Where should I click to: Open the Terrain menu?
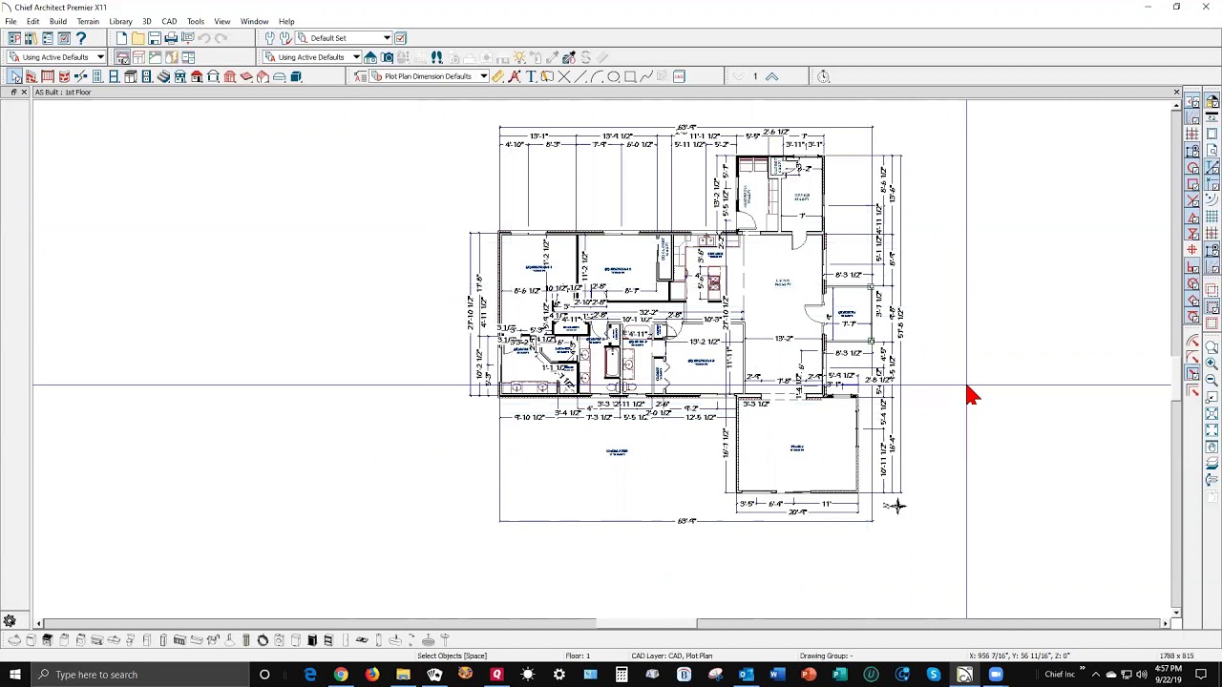coord(87,21)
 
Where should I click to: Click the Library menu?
coord(120,21)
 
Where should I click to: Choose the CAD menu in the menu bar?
coord(169,21)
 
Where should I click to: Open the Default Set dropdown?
coord(386,38)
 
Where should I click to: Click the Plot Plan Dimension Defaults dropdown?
coord(483,76)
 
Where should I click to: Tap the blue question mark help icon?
coord(81,38)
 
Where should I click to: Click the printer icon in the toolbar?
coord(171,38)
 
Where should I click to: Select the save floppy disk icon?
coord(155,38)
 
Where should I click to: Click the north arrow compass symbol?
coord(895,506)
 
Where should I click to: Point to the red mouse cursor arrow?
coord(971,394)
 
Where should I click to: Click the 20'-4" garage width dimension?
coord(797,512)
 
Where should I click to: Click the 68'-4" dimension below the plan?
coord(686,521)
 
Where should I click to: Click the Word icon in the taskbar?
coord(777,675)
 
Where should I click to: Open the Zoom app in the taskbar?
coord(996,675)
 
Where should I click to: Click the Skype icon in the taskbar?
coord(933,675)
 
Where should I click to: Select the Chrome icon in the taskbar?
coord(341,675)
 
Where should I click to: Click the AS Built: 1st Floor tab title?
coord(63,93)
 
